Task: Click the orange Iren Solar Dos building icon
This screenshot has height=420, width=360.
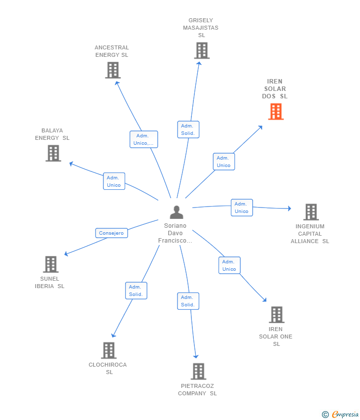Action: pos(276,112)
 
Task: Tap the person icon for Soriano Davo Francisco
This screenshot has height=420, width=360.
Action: pos(177,212)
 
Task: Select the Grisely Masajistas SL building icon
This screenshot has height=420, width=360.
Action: pos(201,50)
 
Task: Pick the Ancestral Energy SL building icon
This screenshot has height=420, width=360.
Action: pos(113,70)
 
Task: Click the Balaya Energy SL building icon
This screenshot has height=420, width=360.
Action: pos(53,153)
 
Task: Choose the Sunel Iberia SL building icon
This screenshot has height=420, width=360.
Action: pos(50,264)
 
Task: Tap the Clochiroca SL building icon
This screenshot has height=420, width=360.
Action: pos(109,350)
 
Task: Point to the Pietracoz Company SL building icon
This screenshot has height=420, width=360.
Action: pos(198,371)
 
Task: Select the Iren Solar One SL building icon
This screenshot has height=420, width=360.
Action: pos(276,314)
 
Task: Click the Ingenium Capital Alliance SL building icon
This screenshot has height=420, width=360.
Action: pos(311,212)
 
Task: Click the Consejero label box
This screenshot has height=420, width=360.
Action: pos(111,233)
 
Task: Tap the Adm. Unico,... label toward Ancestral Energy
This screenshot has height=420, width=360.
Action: pos(143,139)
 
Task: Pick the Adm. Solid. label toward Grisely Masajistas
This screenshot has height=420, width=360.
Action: pos(188,129)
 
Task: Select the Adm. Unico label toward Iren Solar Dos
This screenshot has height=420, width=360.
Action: pos(224,162)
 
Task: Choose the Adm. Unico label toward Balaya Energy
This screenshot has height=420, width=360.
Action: pos(114,181)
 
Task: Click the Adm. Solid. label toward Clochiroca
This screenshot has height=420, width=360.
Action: pos(136,291)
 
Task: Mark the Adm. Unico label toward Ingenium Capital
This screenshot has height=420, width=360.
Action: pos(241,208)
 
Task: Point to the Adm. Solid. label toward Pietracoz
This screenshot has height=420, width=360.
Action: pos(188,301)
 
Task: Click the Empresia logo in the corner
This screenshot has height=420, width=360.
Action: pos(340,415)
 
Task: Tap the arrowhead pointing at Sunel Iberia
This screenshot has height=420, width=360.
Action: pos(67,254)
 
